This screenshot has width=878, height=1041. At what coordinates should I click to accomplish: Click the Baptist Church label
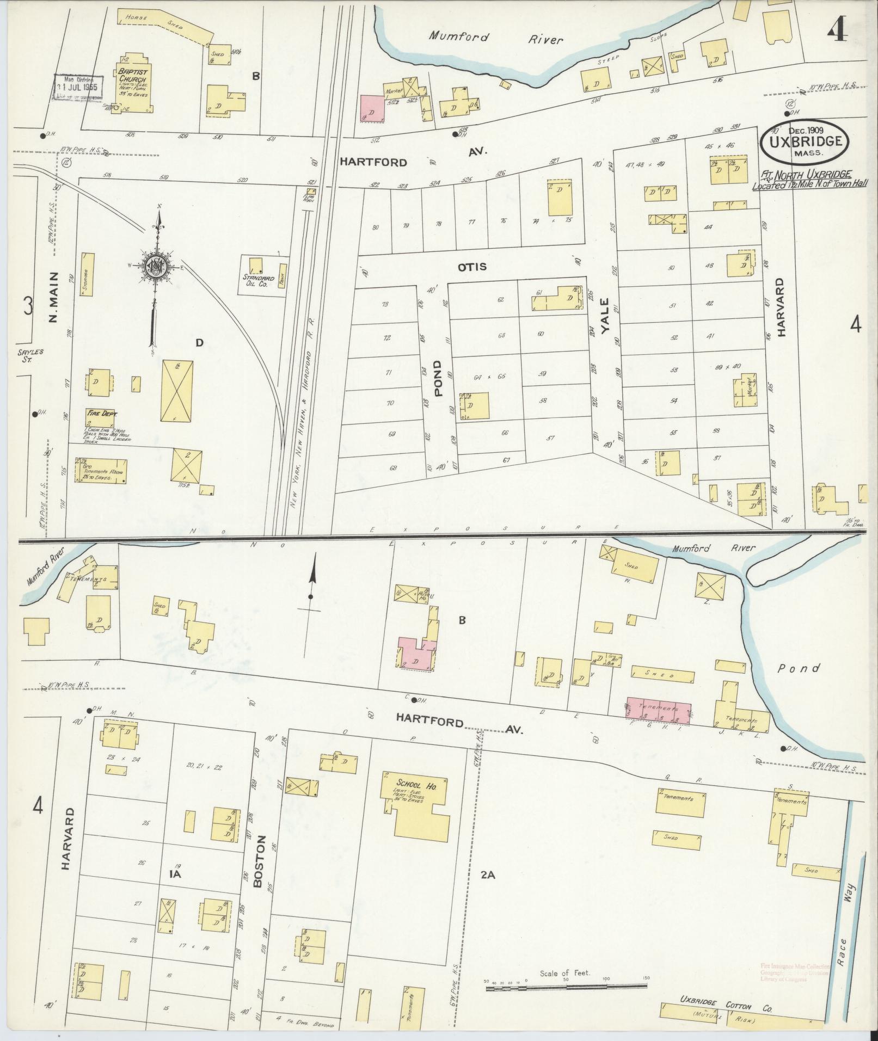pos(130,76)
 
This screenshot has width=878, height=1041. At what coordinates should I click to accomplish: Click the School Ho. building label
pos(415,787)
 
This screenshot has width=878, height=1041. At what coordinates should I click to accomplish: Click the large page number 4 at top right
pos(837,32)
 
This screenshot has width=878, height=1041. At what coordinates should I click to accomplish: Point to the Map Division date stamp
pos(76,88)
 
